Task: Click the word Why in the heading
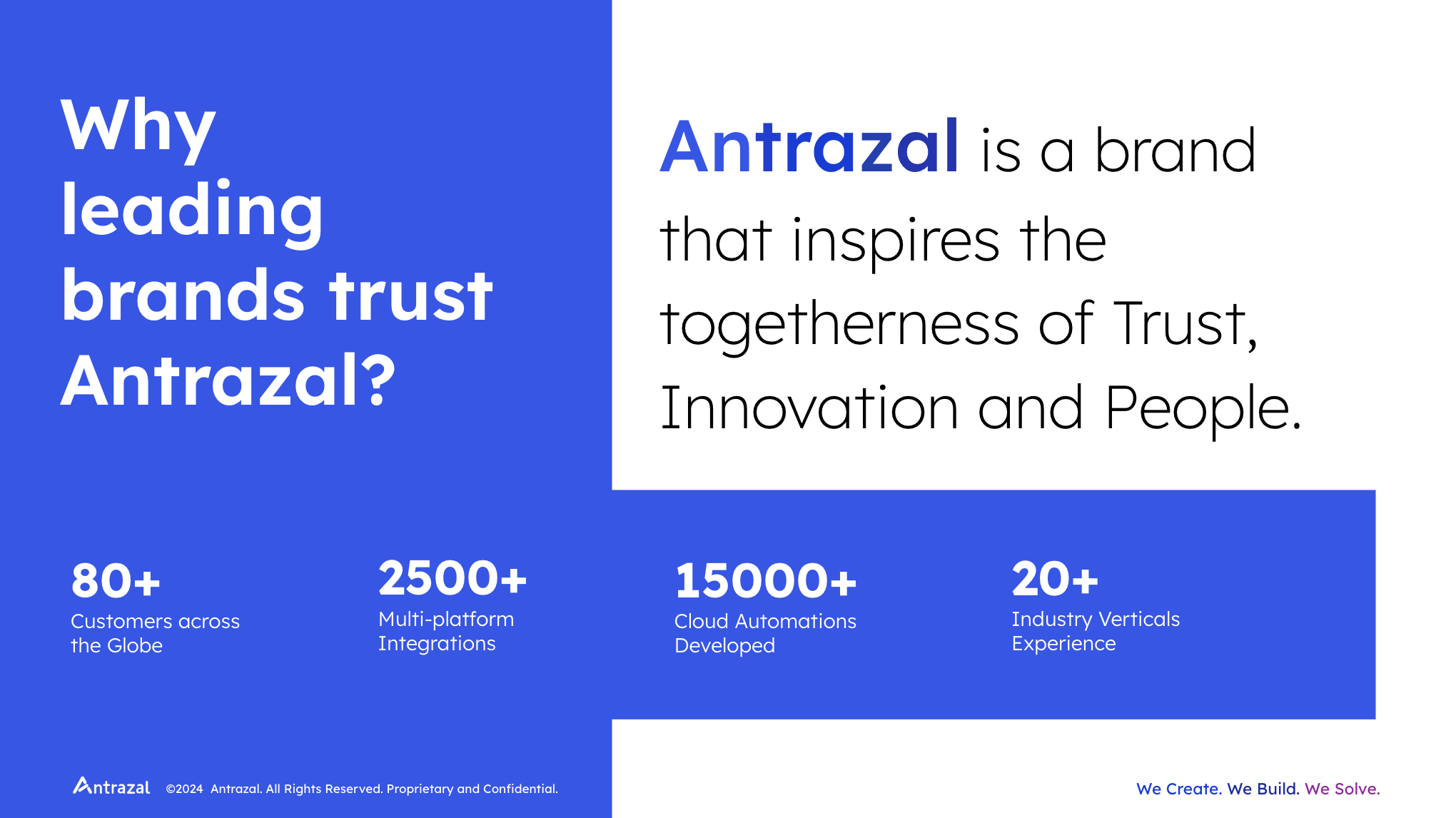click(138, 128)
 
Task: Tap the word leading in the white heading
click(193, 212)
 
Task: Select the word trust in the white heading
click(410, 296)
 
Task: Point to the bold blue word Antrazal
click(809, 147)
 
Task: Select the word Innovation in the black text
click(809, 408)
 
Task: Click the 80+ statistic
click(116, 580)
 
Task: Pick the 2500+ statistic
click(453, 578)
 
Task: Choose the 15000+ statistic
click(766, 580)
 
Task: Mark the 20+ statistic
click(1055, 578)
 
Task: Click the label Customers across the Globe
click(155, 633)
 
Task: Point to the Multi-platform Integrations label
click(446, 631)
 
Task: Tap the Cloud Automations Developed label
click(765, 633)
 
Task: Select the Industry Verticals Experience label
click(1096, 631)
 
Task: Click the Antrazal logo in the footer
click(111, 786)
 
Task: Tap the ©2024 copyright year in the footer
click(184, 789)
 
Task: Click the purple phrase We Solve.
click(1342, 789)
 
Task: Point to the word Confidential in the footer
click(520, 789)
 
